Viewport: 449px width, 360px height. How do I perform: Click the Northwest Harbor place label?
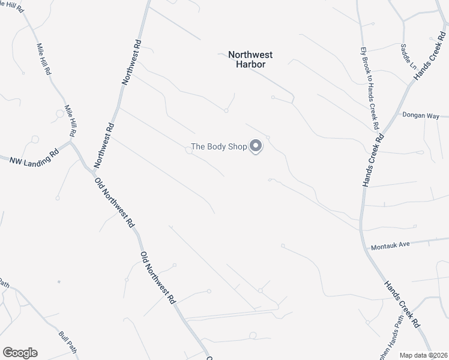(x=246, y=59)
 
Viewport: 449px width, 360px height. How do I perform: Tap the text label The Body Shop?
(x=219, y=146)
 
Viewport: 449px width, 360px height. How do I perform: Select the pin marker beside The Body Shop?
(x=256, y=146)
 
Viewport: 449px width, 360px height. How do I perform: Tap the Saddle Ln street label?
(x=409, y=55)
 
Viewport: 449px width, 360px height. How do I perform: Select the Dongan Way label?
(x=421, y=115)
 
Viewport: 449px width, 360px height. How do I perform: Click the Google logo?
(x=20, y=353)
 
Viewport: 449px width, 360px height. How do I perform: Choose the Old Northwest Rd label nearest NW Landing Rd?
(x=113, y=201)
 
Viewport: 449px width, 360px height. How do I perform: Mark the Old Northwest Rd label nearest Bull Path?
(x=158, y=277)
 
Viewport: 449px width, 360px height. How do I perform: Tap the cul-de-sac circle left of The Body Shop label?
(x=189, y=151)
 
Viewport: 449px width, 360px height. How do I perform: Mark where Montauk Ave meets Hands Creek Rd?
(x=366, y=247)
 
